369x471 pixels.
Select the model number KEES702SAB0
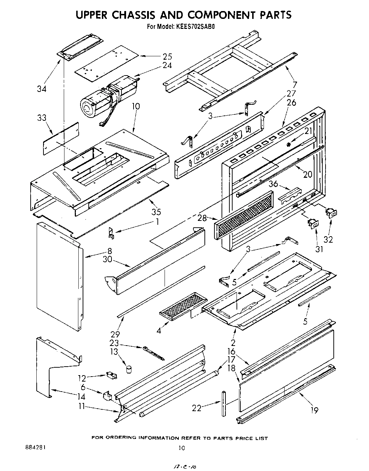pos(196,26)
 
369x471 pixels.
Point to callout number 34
pos(42,89)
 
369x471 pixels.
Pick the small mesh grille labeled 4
pos(181,304)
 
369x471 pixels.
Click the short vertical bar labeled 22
pos(223,404)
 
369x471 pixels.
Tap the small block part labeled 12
pos(112,375)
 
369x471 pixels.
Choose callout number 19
pos(314,410)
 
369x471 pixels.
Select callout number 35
pos(156,212)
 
